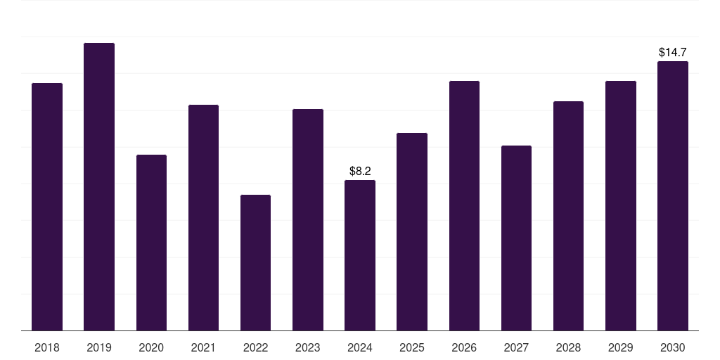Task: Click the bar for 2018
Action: click(47, 207)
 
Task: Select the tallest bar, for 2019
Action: click(99, 186)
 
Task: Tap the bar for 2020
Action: click(151, 243)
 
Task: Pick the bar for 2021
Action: click(203, 217)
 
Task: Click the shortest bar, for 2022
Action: click(255, 262)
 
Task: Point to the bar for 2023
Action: click(308, 219)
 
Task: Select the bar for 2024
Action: click(360, 255)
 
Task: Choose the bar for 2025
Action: click(412, 231)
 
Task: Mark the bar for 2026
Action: click(464, 205)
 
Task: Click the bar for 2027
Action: click(516, 238)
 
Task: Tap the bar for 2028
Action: click(568, 216)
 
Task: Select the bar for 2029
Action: click(620, 205)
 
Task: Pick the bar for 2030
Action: click(672, 195)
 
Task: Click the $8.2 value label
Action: click(360, 171)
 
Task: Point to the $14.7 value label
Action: click(672, 52)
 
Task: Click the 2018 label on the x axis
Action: click(47, 347)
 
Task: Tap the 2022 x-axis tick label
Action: click(255, 347)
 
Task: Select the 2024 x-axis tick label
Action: click(360, 347)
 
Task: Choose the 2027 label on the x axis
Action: click(516, 347)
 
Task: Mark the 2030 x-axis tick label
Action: click(672, 347)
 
